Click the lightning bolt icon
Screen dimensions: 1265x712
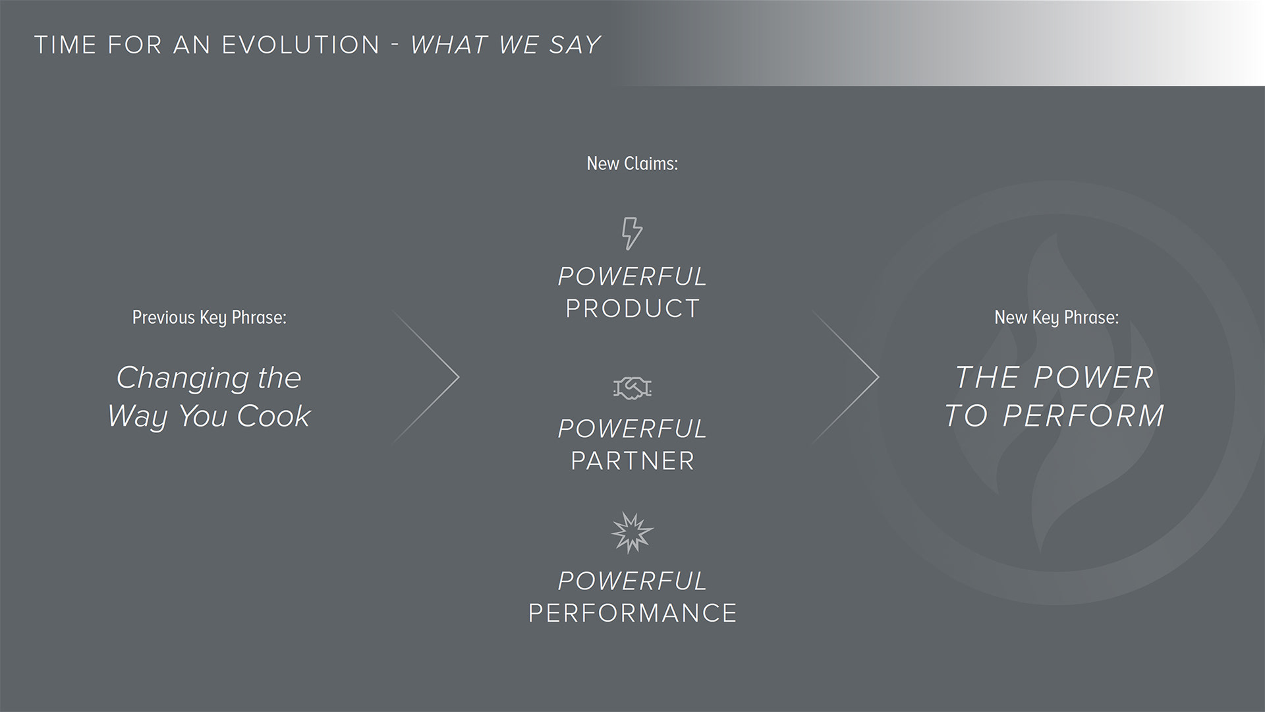(x=632, y=233)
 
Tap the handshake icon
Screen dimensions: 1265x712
(x=632, y=388)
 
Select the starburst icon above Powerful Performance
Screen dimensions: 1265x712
(x=632, y=533)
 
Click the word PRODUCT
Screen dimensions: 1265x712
(x=632, y=309)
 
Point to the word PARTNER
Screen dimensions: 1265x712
(x=632, y=461)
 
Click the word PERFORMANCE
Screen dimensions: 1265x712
(x=632, y=613)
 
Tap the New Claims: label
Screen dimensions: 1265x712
(x=632, y=163)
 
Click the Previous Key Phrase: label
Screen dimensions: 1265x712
(x=210, y=318)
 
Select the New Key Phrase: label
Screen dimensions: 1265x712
(x=1057, y=318)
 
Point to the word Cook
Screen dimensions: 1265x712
(x=273, y=416)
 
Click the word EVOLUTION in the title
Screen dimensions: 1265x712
(x=301, y=45)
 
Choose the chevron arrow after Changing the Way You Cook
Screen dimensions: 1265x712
(x=426, y=377)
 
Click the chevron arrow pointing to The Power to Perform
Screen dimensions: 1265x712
(x=845, y=377)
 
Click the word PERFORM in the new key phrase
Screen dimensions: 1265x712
(x=1083, y=416)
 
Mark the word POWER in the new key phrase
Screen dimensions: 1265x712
(x=1094, y=378)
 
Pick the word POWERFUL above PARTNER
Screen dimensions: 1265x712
(x=632, y=429)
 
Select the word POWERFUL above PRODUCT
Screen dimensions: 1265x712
(x=632, y=277)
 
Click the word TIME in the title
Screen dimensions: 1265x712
(x=65, y=45)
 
